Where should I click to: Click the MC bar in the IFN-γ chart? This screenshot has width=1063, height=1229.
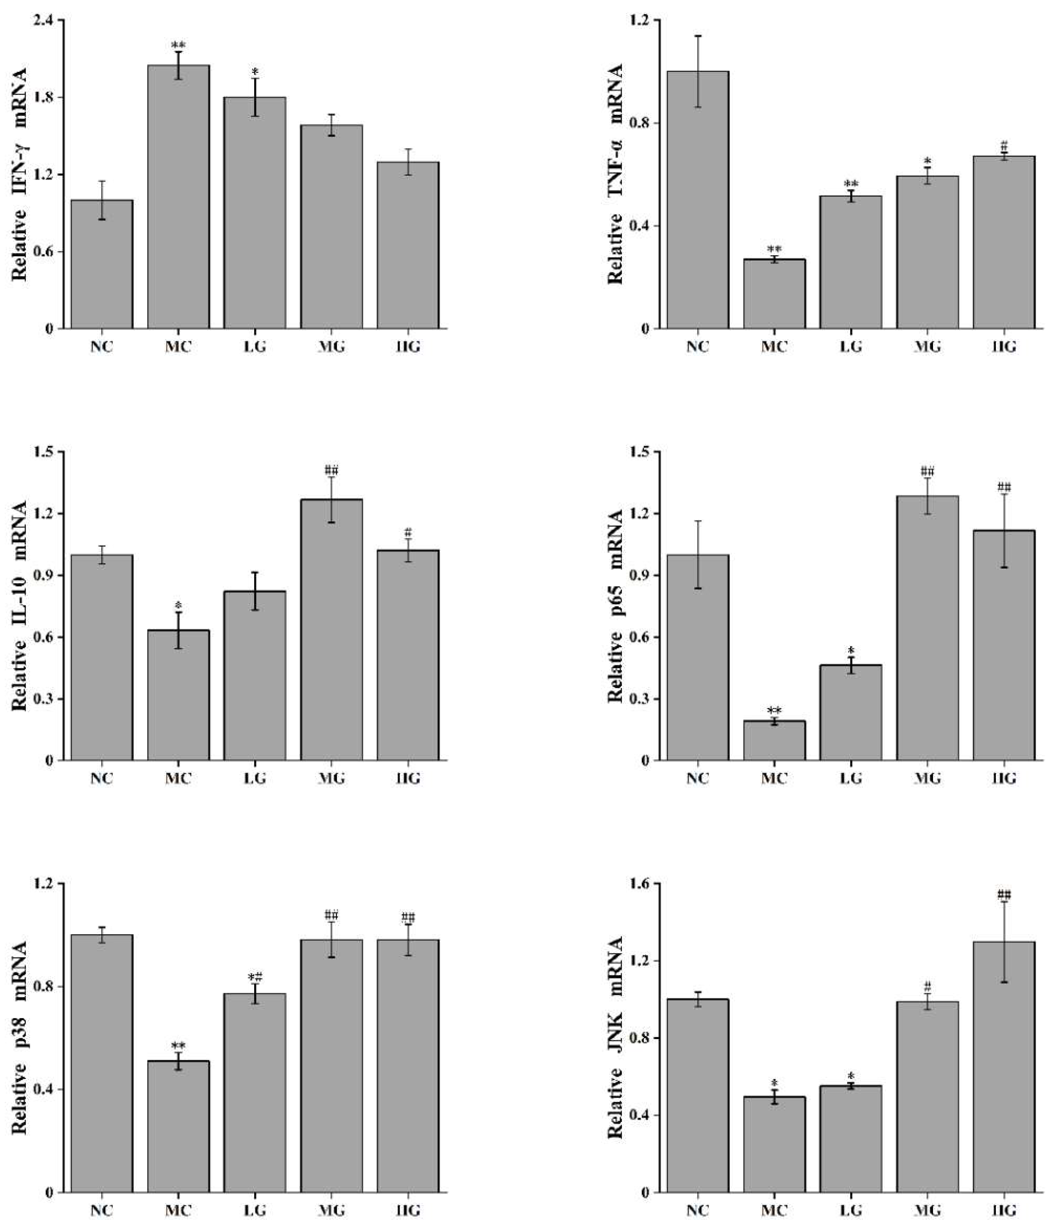click(178, 196)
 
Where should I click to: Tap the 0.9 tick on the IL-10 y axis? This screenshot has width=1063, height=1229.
click(44, 576)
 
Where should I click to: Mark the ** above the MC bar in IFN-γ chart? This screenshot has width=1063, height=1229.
click(178, 45)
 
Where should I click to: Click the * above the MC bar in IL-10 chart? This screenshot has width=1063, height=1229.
click(178, 605)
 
